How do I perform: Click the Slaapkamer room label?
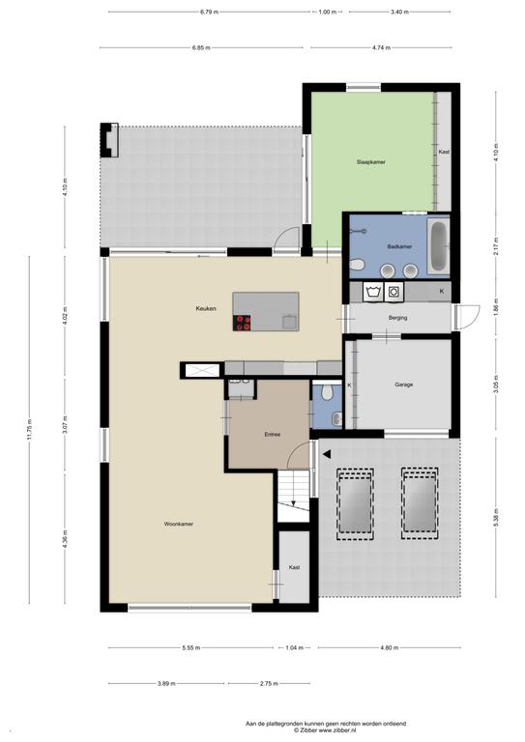click(x=370, y=162)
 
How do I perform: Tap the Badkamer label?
click(x=399, y=246)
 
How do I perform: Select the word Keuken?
click(x=206, y=308)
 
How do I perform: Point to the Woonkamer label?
click(x=179, y=524)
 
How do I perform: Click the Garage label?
click(x=404, y=385)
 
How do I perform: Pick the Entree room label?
click(x=273, y=434)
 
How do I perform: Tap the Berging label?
click(x=397, y=318)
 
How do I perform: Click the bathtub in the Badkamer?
click(x=438, y=245)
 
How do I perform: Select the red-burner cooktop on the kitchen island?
click(x=242, y=323)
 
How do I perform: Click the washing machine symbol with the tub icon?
click(x=373, y=292)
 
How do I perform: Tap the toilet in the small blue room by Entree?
click(x=326, y=391)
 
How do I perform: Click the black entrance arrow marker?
click(x=327, y=454)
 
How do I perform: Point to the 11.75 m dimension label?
click(x=29, y=430)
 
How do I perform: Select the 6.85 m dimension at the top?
click(x=201, y=47)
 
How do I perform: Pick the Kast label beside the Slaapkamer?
click(x=444, y=152)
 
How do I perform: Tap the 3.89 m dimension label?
click(x=166, y=683)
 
